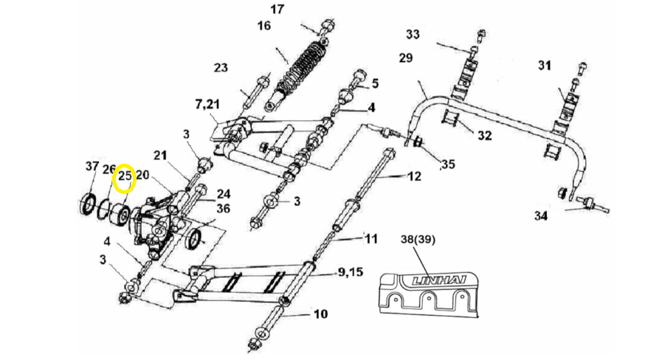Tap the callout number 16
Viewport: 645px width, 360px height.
point(263,27)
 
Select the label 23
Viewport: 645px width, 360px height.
point(221,68)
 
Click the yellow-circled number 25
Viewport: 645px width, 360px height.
point(125,176)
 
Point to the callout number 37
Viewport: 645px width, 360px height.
point(92,167)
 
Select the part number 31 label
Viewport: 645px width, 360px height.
point(544,66)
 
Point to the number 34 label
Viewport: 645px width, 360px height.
point(541,216)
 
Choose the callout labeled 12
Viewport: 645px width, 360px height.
point(414,177)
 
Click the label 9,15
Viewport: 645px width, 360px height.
point(351,272)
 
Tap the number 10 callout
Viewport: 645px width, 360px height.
point(320,314)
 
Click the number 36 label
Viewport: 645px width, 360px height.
point(223,209)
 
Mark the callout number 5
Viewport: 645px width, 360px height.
point(375,83)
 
